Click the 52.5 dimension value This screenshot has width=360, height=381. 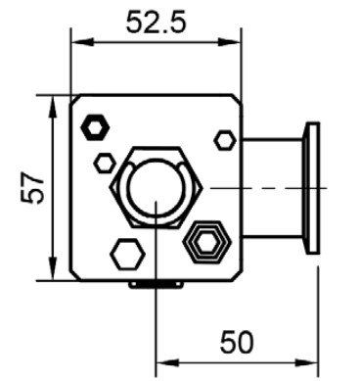tap(156, 22)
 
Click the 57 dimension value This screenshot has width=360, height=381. tap(32, 188)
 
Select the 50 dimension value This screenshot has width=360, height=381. tap(237, 342)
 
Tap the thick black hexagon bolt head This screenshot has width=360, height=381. tap(95, 127)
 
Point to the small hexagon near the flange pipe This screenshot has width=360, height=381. tap(225, 140)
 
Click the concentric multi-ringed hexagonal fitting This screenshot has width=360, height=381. tap(207, 242)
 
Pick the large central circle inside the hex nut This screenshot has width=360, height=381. tap(155, 189)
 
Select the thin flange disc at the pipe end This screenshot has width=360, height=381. tap(312, 188)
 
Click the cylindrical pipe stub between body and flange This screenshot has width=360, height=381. tap(273, 188)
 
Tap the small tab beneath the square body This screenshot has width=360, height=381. tap(156, 285)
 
